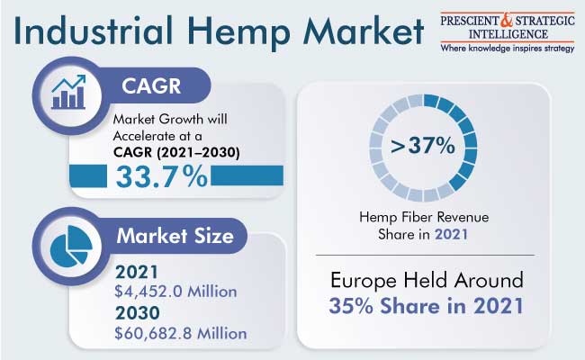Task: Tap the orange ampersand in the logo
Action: (507, 21)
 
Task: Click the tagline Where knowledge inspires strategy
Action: (508, 49)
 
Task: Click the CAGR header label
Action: (151, 86)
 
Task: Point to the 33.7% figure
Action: (161, 176)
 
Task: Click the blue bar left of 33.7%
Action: (88, 175)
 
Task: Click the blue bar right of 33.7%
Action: (247, 175)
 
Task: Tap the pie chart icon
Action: (71, 245)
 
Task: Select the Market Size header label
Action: (175, 236)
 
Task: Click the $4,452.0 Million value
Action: (175, 292)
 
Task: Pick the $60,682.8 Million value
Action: (181, 333)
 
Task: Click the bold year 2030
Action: (138, 312)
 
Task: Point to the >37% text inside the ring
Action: (422, 145)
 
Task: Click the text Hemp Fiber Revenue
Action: (424, 217)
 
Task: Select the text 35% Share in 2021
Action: (426, 306)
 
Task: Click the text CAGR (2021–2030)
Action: (176, 152)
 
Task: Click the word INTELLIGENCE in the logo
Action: (508, 35)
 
